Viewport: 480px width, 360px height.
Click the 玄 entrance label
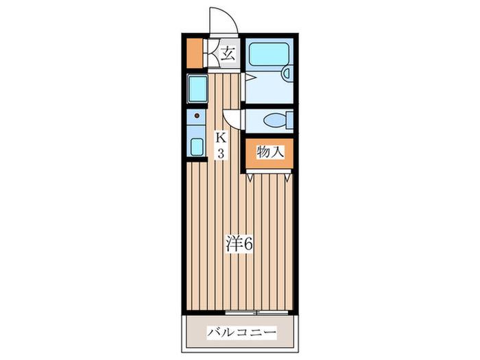pyautogui.click(x=228, y=54)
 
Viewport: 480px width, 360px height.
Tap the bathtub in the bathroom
pyautogui.click(x=269, y=54)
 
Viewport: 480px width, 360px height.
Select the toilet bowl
pyautogui.click(x=275, y=121)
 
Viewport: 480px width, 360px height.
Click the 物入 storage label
pyautogui.click(x=270, y=152)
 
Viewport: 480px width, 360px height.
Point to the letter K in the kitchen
pyautogui.click(x=221, y=138)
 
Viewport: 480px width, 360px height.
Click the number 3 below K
pyautogui.click(x=221, y=153)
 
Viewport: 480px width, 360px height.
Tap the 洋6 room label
pyautogui.click(x=239, y=243)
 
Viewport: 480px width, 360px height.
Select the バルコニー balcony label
pyautogui.click(x=241, y=332)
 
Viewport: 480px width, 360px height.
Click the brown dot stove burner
pyautogui.click(x=197, y=116)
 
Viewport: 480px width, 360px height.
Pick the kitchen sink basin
pyautogui.click(x=197, y=147)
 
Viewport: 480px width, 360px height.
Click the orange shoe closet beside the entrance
pyautogui.click(x=194, y=53)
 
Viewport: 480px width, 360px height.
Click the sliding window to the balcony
pyautogui.click(x=256, y=313)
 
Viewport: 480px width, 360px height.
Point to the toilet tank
pyautogui.click(x=289, y=121)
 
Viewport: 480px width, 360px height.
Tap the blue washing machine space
pyautogui.click(x=197, y=89)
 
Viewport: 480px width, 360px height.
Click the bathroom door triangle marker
pyautogui.click(x=250, y=77)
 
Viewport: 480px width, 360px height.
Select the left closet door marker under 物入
pyautogui.click(x=250, y=178)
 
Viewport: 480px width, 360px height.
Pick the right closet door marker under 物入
pyautogui.click(x=287, y=178)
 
